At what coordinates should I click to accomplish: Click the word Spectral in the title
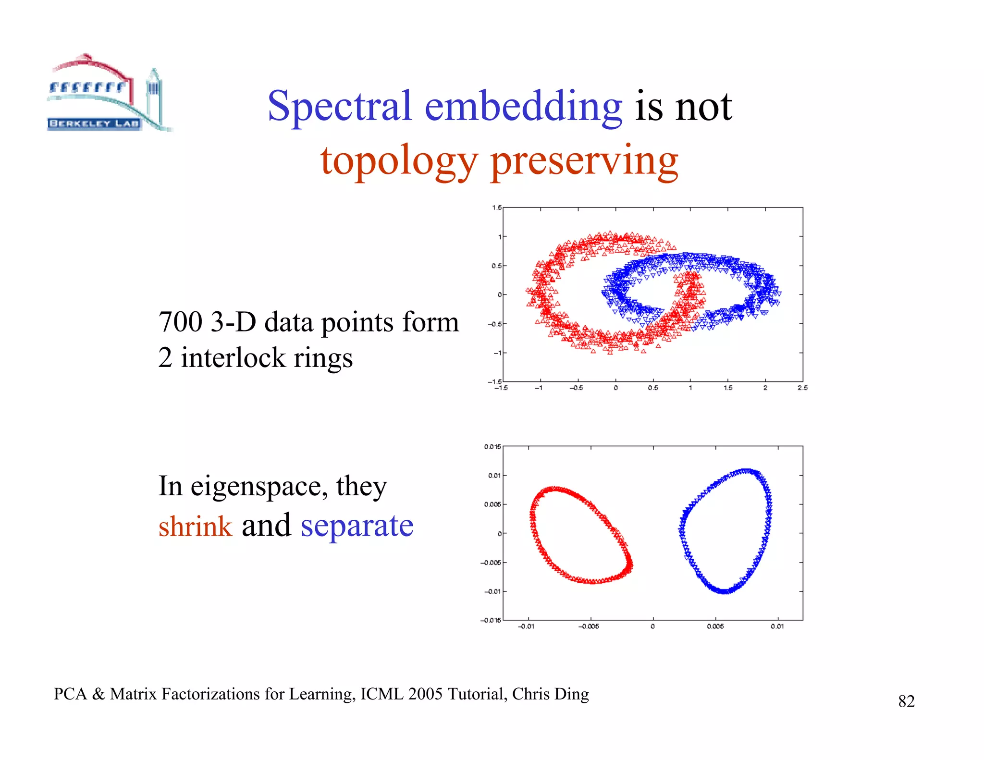point(339,106)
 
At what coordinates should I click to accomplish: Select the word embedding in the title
point(523,106)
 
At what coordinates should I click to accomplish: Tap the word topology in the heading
point(399,161)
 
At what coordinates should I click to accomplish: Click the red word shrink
point(195,526)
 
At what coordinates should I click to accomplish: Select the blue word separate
point(357,526)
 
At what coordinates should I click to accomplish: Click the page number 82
point(906,701)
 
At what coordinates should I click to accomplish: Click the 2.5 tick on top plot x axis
point(802,388)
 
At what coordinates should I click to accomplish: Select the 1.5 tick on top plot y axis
point(496,208)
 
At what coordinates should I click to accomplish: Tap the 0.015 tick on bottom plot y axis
point(492,447)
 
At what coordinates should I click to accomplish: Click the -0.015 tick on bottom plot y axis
point(491,620)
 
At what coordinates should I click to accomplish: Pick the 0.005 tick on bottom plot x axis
point(715,626)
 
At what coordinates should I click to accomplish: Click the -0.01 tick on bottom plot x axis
point(526,626)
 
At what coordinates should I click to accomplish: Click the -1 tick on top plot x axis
point(539,388)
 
